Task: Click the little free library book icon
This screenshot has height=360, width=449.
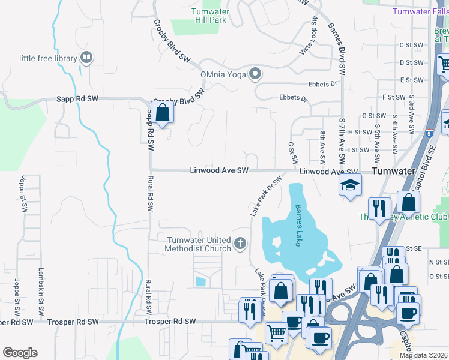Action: click(86, 58)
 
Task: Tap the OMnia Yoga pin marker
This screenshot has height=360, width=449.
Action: click(256, 74)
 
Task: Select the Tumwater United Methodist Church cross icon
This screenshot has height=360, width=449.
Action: click(240, 243)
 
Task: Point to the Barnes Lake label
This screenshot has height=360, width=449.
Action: click(298, 225)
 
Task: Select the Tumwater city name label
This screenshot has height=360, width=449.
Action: click(393, 171)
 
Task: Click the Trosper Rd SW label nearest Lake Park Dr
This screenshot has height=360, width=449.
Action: click(170, 322)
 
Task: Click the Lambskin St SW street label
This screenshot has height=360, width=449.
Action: click(41, 292)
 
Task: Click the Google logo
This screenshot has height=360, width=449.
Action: click(20, 353)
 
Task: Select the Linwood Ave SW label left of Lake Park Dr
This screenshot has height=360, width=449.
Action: click(220, 171)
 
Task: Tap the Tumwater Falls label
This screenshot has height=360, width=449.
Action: click(420, 12)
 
